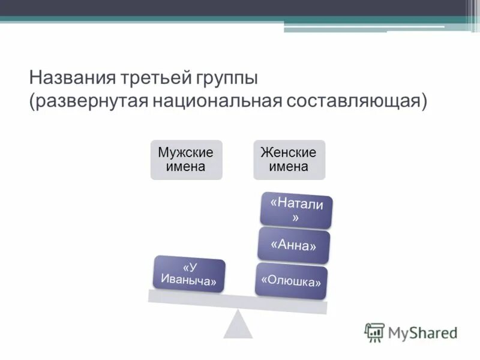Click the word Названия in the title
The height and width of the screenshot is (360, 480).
64,79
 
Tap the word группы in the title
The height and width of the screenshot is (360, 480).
226,79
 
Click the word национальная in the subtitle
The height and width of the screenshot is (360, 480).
217,100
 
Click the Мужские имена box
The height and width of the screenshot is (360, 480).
185,159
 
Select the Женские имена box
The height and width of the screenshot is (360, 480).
289,159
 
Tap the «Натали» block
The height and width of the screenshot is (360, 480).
296,211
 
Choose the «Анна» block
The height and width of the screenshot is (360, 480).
293,245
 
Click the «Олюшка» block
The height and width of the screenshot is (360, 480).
292,281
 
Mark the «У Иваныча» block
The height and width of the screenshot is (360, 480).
189,274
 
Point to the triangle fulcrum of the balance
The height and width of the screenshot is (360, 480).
238,326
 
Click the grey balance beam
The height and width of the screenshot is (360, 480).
238,300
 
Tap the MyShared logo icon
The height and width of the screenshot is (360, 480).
374,332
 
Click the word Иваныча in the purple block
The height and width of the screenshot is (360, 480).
188,280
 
